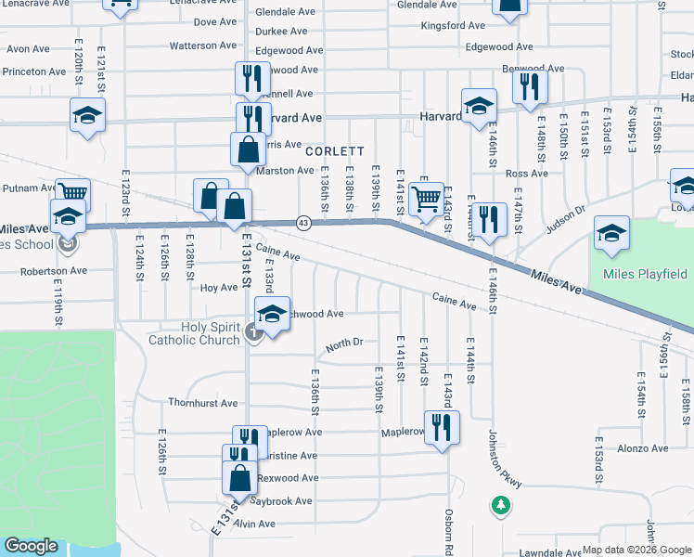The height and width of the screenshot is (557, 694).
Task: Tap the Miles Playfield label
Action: tap(645, 274)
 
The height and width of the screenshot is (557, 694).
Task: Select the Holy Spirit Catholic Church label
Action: tap(194, 333)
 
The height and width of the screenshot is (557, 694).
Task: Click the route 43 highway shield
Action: tap(303, 223)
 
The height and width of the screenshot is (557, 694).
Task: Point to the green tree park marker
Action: tap(502, 505)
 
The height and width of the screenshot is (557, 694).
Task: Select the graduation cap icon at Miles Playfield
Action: tap(611, 235)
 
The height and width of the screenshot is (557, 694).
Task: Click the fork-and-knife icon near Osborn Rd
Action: tap(442, 428)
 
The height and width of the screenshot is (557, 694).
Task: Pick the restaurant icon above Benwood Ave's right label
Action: tap(531, 87)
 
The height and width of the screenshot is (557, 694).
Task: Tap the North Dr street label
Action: tap(343, 344)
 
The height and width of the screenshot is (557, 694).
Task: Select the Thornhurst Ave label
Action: tap(203, 403)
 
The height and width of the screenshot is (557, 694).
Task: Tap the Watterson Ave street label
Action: tap(203, 45)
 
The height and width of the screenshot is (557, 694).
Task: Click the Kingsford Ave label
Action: tap(452, 26)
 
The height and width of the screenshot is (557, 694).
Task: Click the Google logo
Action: tap(32, 545)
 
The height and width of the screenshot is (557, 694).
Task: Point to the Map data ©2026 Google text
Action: tap(636, 550)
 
